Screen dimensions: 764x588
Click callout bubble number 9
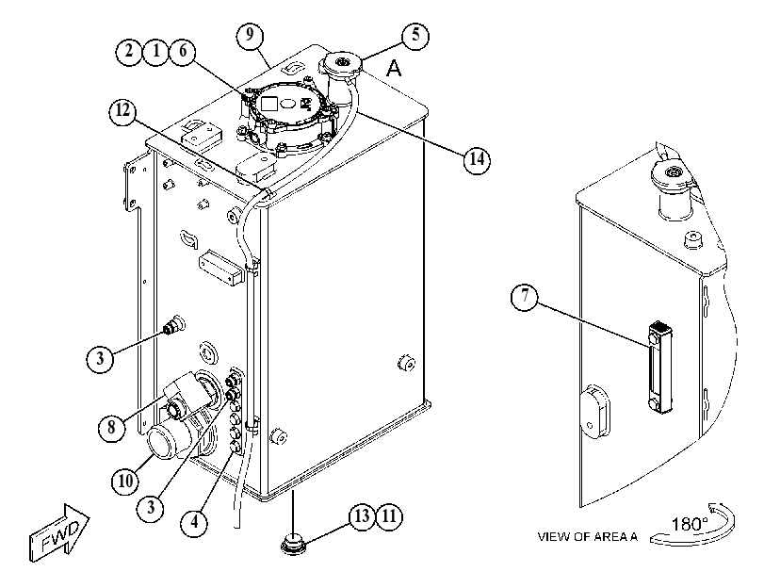pyautogui.click(x=250, y=36)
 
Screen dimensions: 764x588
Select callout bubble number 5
pyautogui.click(x=415, y=36)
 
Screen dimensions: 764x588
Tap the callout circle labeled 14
pyautogui.click(x=477, y=158)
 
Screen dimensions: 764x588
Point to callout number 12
pyautogui.click(x=122, y=111)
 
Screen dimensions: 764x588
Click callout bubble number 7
pyautogui.click(x=525, y=296)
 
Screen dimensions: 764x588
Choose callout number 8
pyautogui.click(x=111, y=428)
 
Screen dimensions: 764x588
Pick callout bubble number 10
pyautogui.click(x=125, y=482)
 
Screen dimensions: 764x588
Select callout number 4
pyautogui.click(x=194, y=522)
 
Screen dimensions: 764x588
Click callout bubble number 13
pyautogui.click(x=362, y=516)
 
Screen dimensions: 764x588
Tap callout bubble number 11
pyautogui.click(x=389, y=516)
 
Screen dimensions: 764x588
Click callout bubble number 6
pyautogui.click(x=182, y=51)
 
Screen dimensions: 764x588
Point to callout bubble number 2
pyautogui.click(x=129, y=51)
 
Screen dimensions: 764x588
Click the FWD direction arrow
pyautogui.click(x=59, y=532)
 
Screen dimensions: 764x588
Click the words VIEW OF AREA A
pyautogui.click(x=588, y=537)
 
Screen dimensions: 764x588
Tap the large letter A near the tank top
pyautogui.click(x=394, y=68)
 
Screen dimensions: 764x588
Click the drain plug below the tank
pyautogui.click(x=293, y=542)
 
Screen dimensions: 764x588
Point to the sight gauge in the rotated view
pyautogui.click(x=659, y=368)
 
